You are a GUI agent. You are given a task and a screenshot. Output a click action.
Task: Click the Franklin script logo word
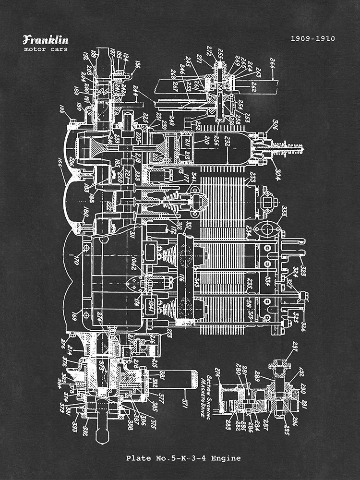coord(46,40)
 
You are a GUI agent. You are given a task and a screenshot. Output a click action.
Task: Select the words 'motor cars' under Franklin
coord(46,49)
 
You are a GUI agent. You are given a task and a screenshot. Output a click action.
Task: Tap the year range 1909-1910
coord(312,38)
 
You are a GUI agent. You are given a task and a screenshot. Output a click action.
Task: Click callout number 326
coord(303,326)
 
